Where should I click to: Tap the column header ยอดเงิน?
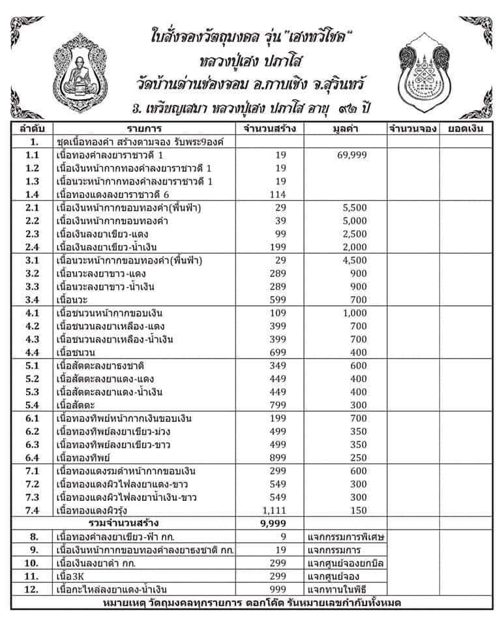click(464, 128)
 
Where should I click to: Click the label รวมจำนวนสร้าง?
click(125, 524)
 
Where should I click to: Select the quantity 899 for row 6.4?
click(277, 458)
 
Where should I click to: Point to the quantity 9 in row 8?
click(282, 537)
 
